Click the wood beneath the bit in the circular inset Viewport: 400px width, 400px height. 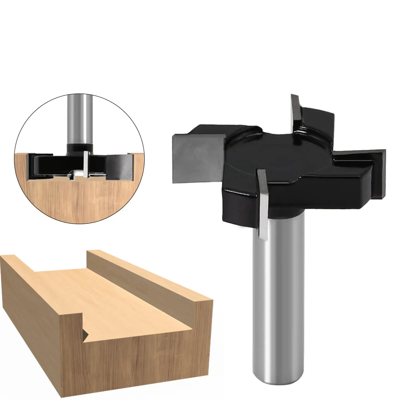tap(76, 200)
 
